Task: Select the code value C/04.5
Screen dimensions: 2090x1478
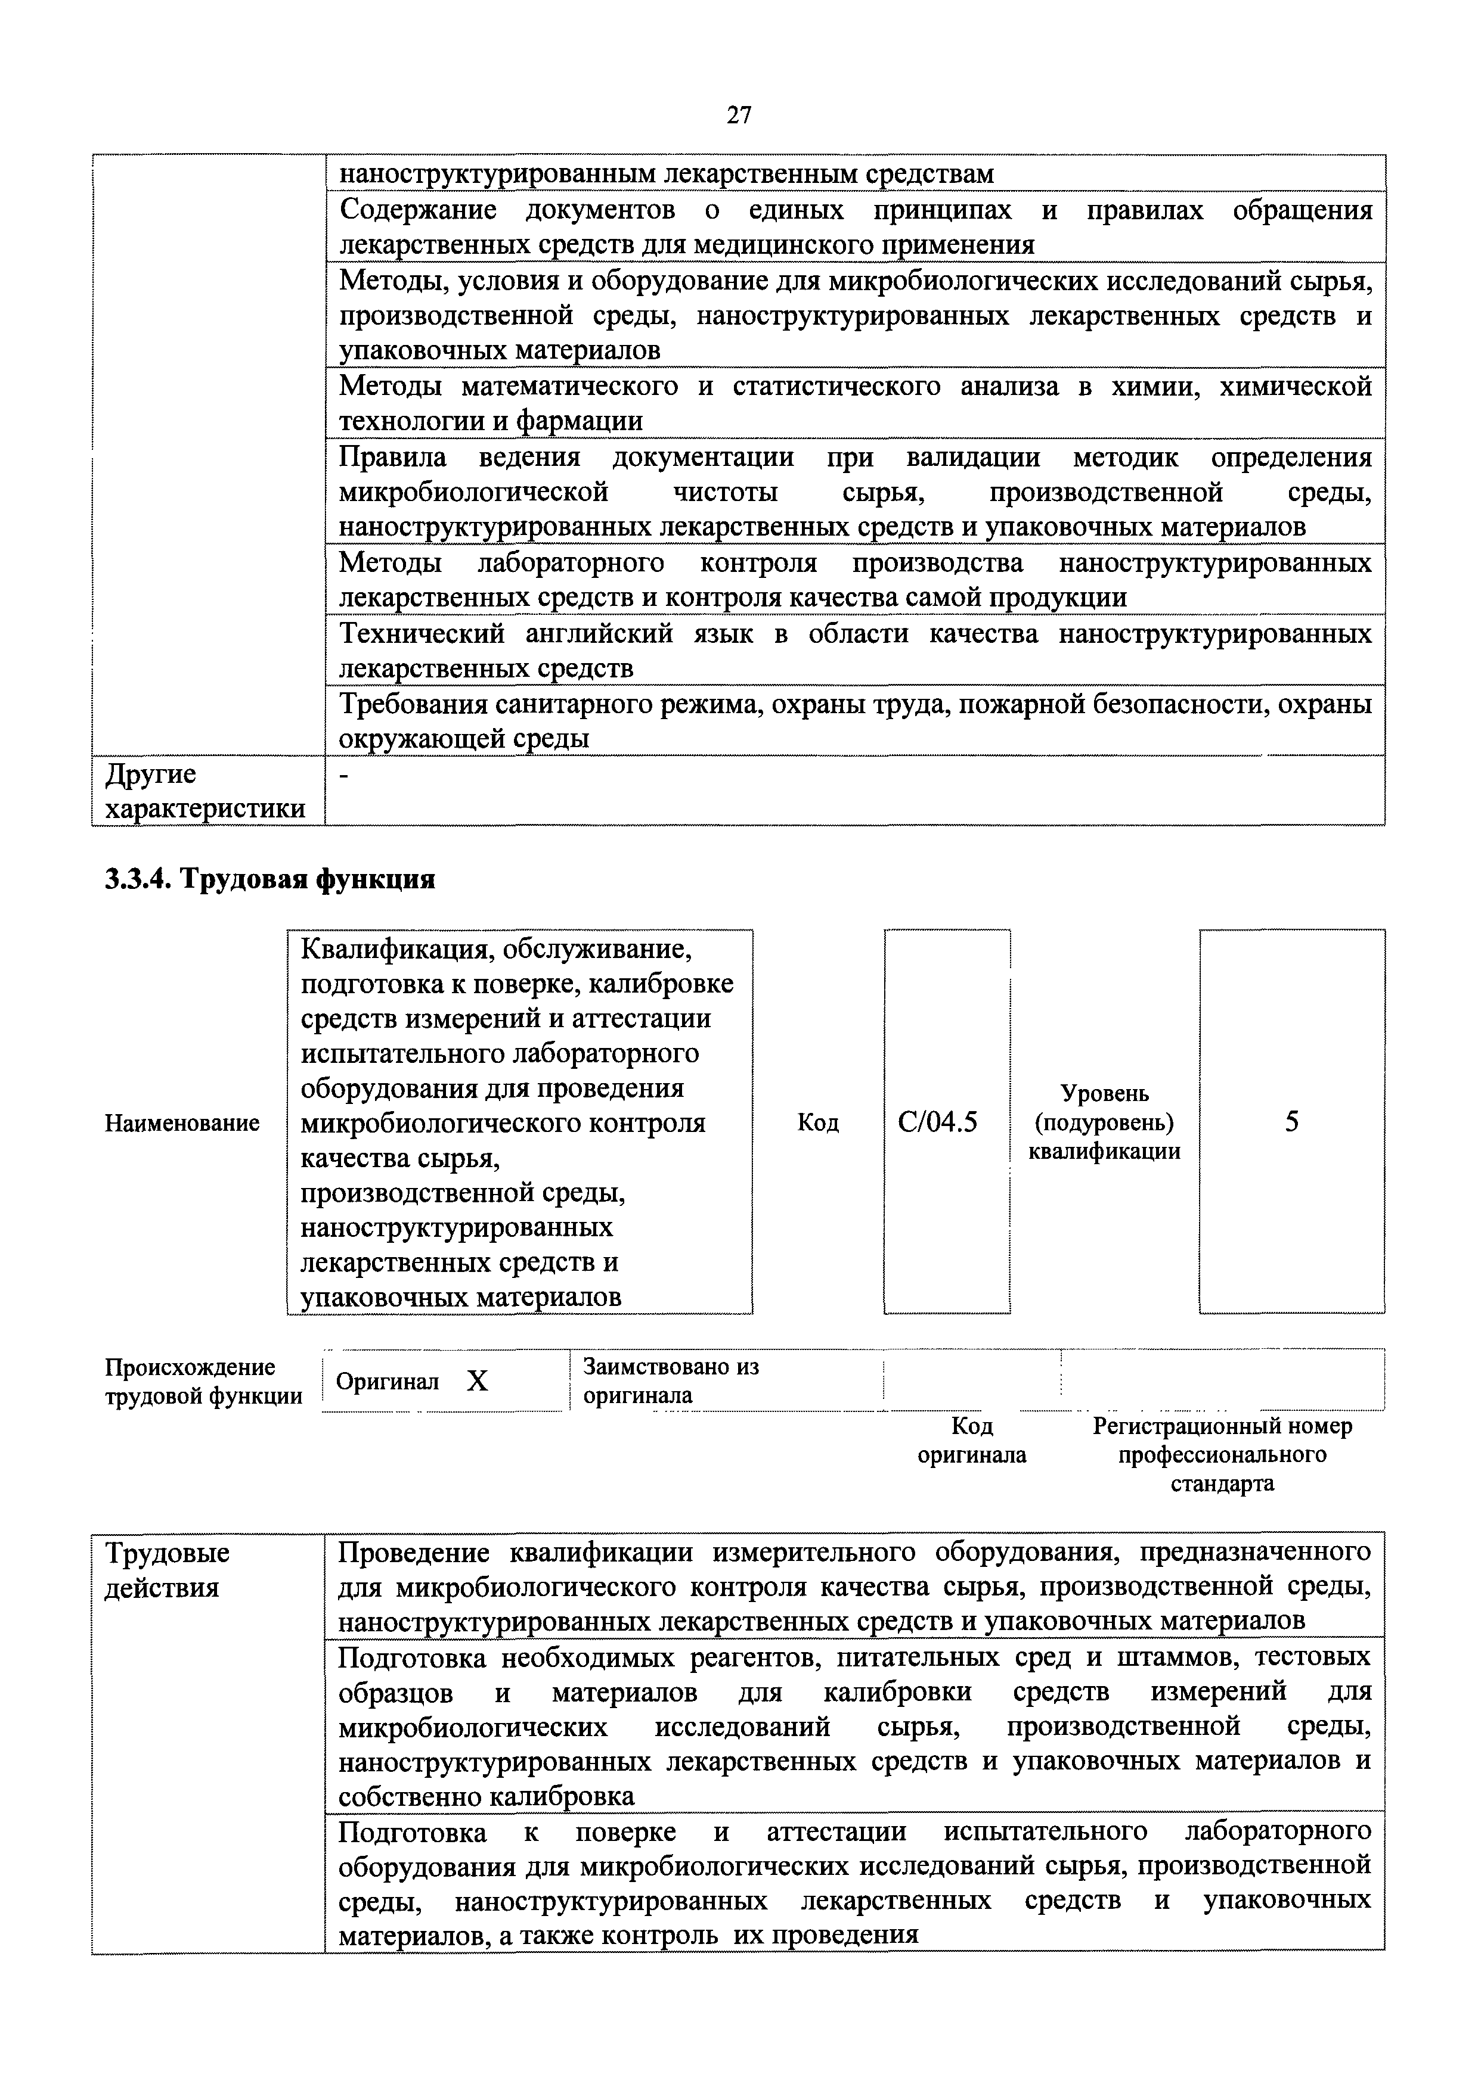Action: pos(937,1122)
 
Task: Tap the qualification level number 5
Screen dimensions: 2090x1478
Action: pos(1291,1122)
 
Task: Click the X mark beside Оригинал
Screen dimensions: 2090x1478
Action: pos(476,1382)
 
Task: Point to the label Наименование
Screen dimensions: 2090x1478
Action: pos(182,1123)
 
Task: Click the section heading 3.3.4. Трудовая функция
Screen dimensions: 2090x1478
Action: pos(269,879)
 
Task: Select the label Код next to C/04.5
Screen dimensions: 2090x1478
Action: pos(818,1123)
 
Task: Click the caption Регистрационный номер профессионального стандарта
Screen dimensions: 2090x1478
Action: pos(1222,1455)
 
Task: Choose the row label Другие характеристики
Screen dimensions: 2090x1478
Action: pos(205,791)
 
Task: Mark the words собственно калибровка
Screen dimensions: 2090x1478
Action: pos(487,1797)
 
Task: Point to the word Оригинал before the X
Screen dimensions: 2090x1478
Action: pos(387,1382)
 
